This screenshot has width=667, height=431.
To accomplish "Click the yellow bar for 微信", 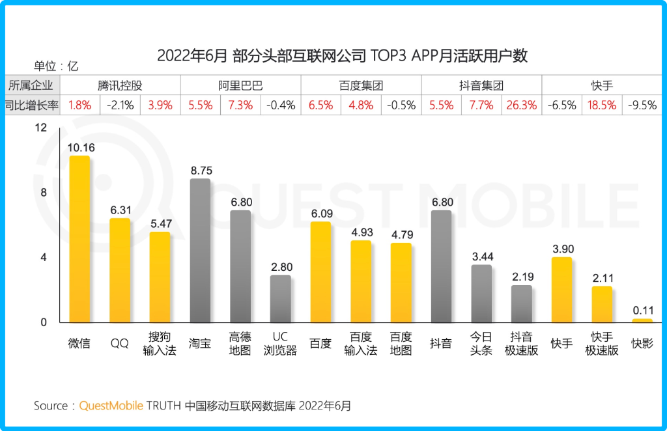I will pyautogui.click(x=79, y=239).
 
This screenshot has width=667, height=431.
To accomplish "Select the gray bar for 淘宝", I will pyautogui.click(x=200, y=251).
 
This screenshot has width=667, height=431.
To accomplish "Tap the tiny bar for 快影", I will pyautogui.click(x=642, y=320).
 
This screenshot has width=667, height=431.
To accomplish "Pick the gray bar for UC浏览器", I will pyautogui.click(x=280, y=299).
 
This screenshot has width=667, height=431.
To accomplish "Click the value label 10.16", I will pyautogui.click(x=81, y=148).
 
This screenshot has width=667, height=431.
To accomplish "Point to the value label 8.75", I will pyautogui.click(x=201, y=171).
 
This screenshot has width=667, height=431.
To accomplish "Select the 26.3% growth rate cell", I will pyautogui.click(x=521, y=105).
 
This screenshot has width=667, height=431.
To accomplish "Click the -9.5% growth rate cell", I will pyautogui.click(x=642, y=105).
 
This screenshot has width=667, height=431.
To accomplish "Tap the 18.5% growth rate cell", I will pyautogui.click(x=602, y=105).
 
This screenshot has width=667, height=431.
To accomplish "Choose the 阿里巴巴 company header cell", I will pyautogui.click(x=240, y=85).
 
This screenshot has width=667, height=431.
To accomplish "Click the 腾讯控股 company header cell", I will pyautogui.click(x=120, y=85).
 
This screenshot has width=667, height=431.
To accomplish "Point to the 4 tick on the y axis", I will pyautogui.click(x=44, y=258).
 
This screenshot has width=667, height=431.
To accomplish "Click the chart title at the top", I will pyautogui.click(x=342, y=55).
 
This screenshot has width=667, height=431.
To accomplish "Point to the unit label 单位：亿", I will pyautogui.click(x=56, y=66).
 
